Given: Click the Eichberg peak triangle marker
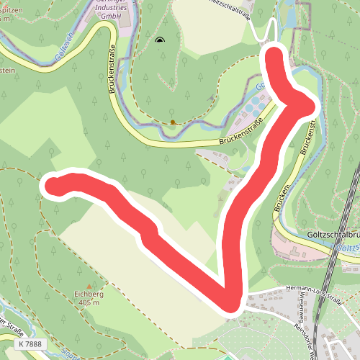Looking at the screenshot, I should point(89,287).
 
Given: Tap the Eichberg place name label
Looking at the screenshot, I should point(89,294).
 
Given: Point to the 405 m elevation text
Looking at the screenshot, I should point(89,303).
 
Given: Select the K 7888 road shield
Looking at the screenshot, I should point(31,346).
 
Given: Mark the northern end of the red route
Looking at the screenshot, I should point(274,54).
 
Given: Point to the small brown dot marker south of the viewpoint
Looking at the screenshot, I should point(172,122).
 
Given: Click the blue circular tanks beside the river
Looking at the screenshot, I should point(250,109).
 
